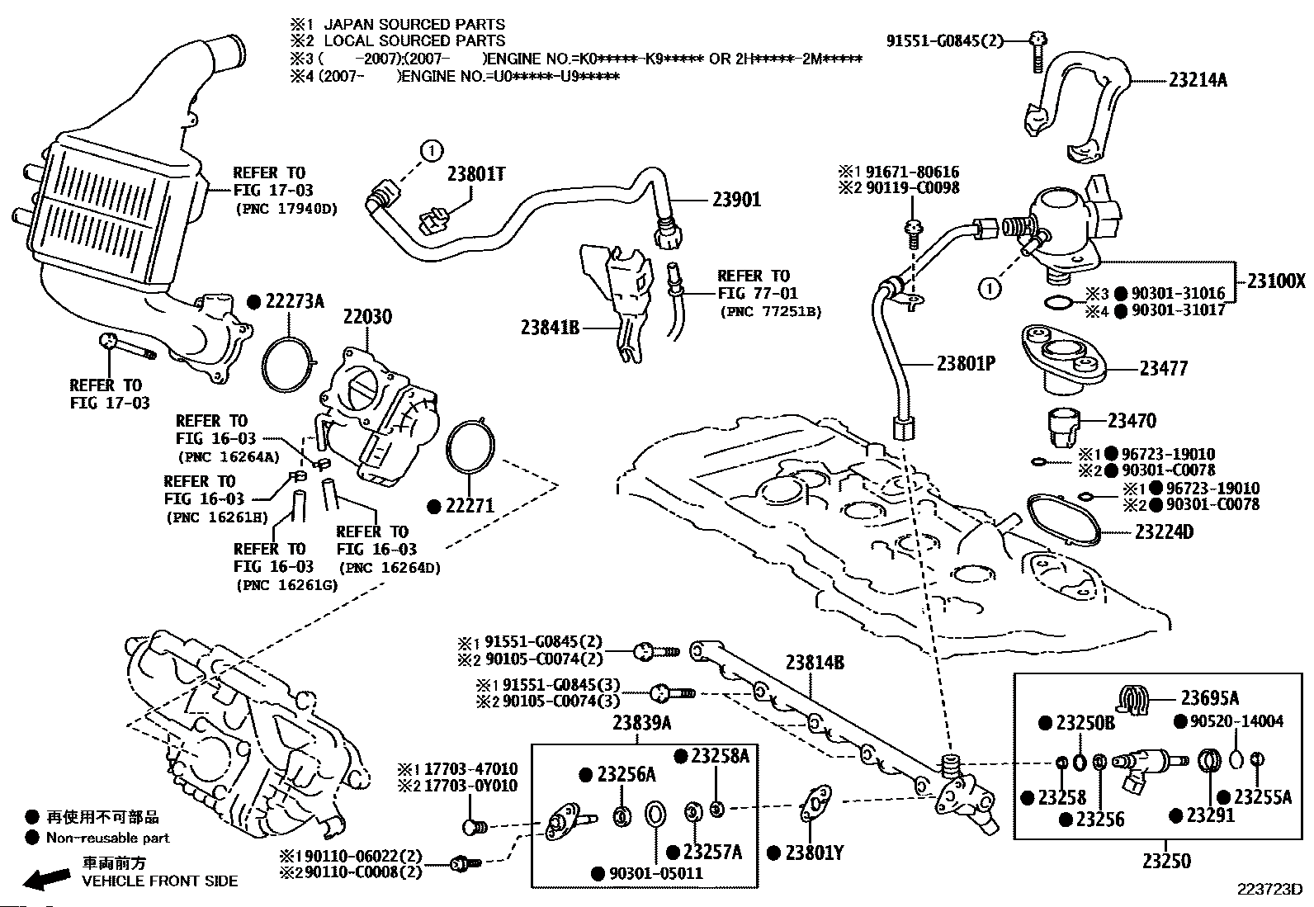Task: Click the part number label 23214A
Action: pyautogui.click(x=1198, y=80)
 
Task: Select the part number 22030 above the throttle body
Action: pyautogui.click(x=368, y=317)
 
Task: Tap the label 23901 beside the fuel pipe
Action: pyautogui.click(x=737, y=200)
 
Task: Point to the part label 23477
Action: pyautogui.click(x=1164, y=368)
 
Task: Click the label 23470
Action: pyautogui.click(x=1132, y=421)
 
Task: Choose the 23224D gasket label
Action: pyautogui.click(x=1164, y=532)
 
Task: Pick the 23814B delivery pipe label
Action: pyautogui.click(x=815, y=663)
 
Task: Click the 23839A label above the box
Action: pyautogui.click(x=642, y=724)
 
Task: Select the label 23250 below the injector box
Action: pyautogui.click(x=1166, y=862)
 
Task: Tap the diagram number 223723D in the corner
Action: pyautogui.click(x=1269, y=890)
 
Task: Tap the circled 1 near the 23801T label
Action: pyautogui.click(x=431, y=151)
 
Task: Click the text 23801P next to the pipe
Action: pyautogui.click(x=966, y=363)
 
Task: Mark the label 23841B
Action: pyautogui.click(x=551, y=328)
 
